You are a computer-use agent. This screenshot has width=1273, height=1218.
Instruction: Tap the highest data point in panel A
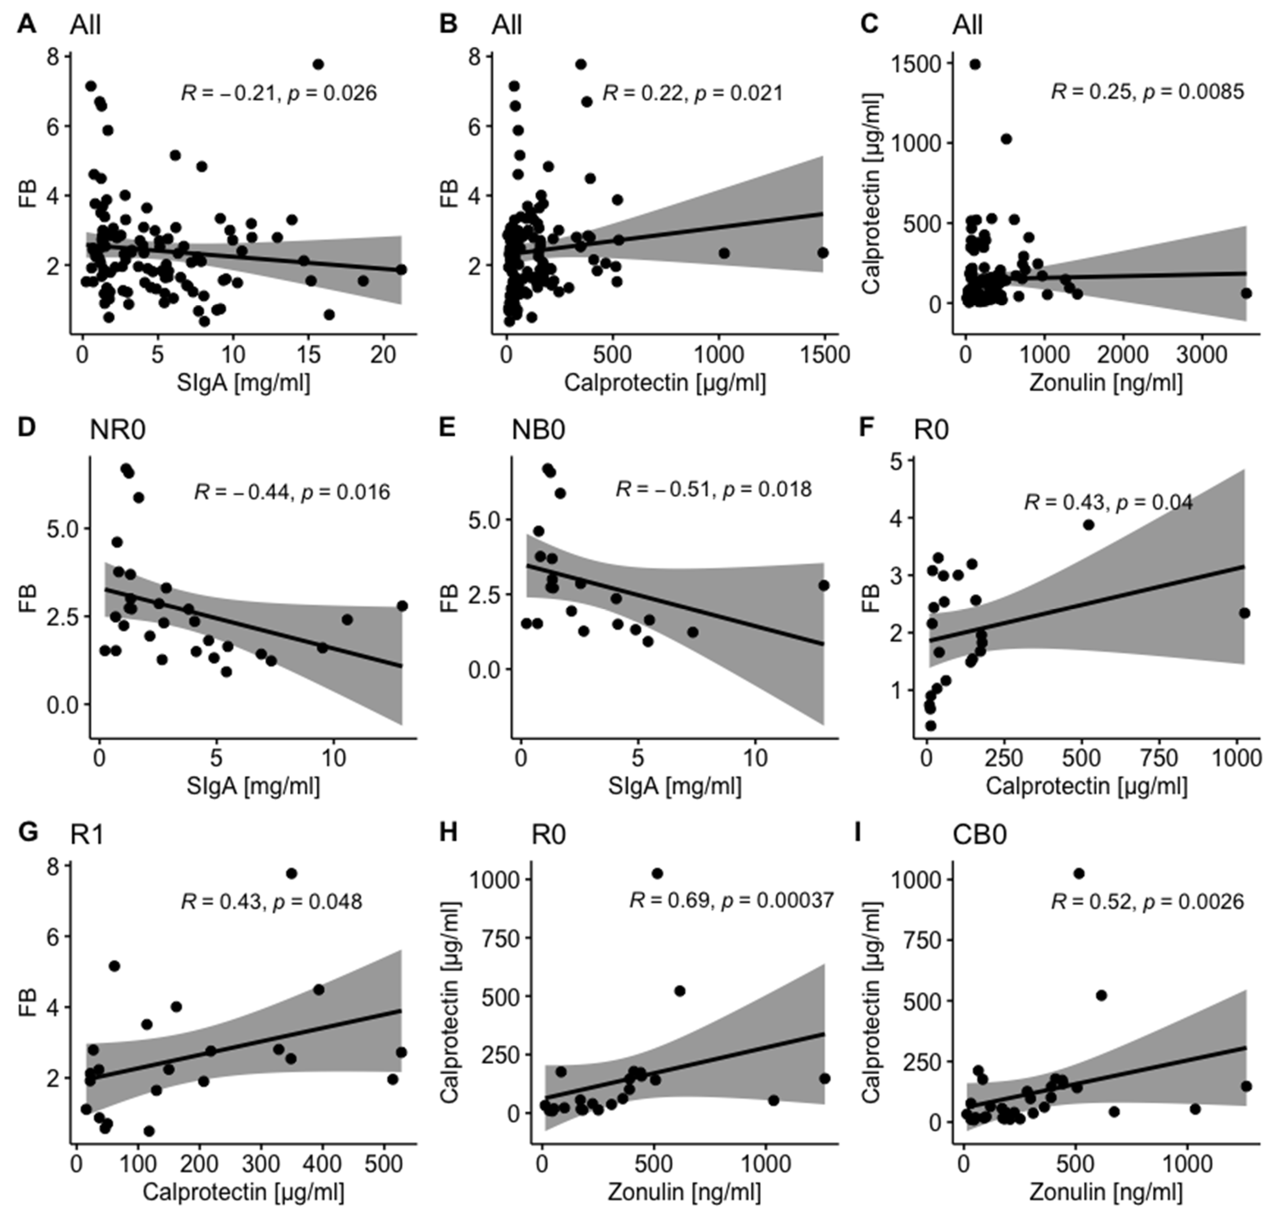[x=318, y=64]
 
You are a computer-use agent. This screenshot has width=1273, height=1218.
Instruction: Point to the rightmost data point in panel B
[x=823, y=253]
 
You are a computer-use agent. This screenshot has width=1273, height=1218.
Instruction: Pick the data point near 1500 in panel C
[x=975, y=64]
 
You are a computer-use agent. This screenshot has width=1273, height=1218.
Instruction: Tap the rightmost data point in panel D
[x=402, y=606]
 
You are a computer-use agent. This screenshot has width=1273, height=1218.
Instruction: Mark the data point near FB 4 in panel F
[x=1088, y=525]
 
